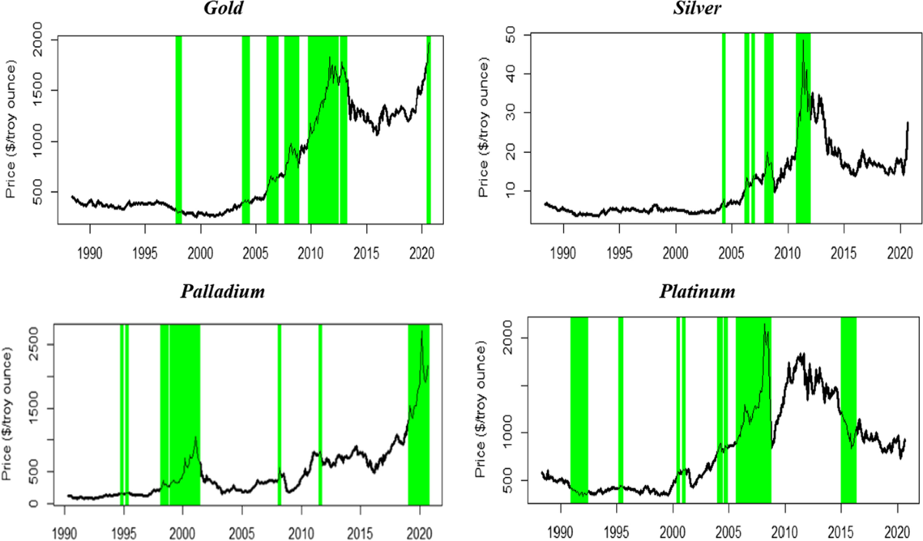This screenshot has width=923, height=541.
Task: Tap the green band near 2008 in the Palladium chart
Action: click(279, 415)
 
